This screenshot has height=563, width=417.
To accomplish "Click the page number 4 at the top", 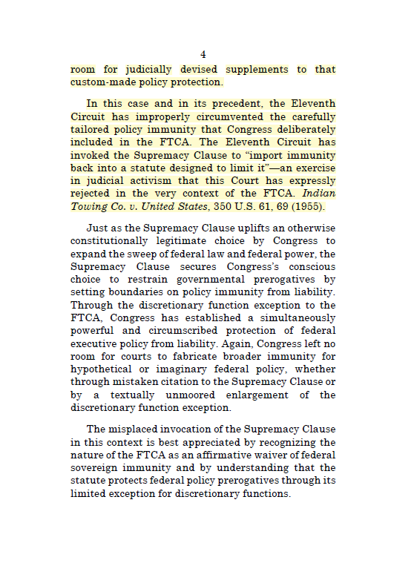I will pos(203,54).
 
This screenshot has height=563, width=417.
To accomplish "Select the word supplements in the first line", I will pos(257,69).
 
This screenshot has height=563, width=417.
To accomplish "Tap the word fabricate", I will pos(175,356).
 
